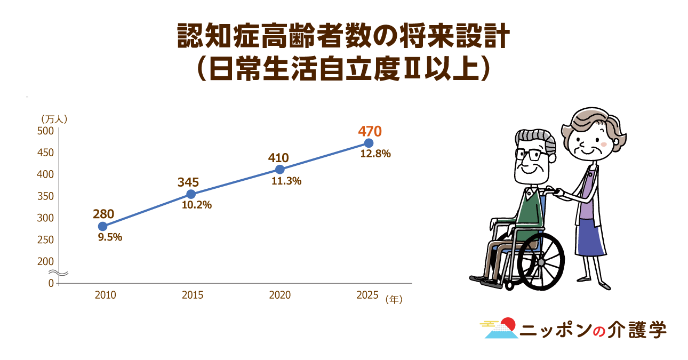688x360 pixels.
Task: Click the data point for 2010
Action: point(102,226)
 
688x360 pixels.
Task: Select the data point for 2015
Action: point(191,194)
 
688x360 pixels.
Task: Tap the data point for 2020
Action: point(280,169)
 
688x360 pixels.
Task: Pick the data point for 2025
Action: point(369,143)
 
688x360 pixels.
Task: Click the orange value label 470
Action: point(370,132)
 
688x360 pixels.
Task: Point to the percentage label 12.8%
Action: point(375,154)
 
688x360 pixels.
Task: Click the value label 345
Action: point(188,182)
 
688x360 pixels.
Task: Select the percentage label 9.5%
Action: point(110,237)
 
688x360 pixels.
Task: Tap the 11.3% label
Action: point(286,181)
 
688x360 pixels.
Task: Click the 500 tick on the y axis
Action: point(45,131)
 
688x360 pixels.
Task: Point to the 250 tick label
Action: point(45,240)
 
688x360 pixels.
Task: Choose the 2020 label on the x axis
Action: point(280,295)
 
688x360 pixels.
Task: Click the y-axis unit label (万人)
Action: point(54,119)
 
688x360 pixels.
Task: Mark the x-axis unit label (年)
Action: point(394,299)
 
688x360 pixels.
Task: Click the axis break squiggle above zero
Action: point(58,273)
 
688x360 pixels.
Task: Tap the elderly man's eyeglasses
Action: point(529,155)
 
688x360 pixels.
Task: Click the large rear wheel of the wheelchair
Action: point(541,262)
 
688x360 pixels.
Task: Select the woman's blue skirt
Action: point(591,237)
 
